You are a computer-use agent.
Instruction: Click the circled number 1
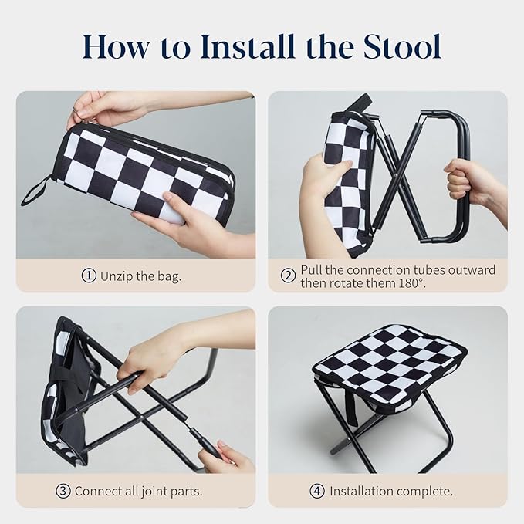tap(89, 276)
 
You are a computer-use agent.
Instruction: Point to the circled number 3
tap(63, 491)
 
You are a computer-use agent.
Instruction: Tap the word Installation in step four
tap(363, 491)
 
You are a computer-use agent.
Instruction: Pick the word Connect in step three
tap(98, 491)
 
